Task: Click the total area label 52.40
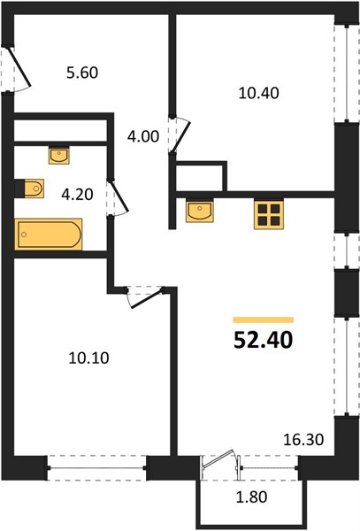(x=264, y=340)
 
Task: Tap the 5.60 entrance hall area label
(x=82, y=73)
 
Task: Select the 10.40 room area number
(x=259, y=93)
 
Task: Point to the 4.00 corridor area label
(x=143, y=136)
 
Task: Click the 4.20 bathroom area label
(x=77, y=195)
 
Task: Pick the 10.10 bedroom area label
(x=88, y=358)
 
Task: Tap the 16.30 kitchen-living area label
(x=303, y=440)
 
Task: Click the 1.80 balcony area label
(x=251, y=497)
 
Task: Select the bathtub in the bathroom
(x=49, y=235)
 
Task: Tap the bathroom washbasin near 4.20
(x=59, y=156)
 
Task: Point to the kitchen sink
(x=200, y=212)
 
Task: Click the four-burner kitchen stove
(x=269, y=215)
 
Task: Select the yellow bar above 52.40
(x=264, y=319)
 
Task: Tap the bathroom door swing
(x=119, y=197)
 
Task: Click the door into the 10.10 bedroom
(x=145, y=297)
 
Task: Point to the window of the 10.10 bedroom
(x=97, y=468)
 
